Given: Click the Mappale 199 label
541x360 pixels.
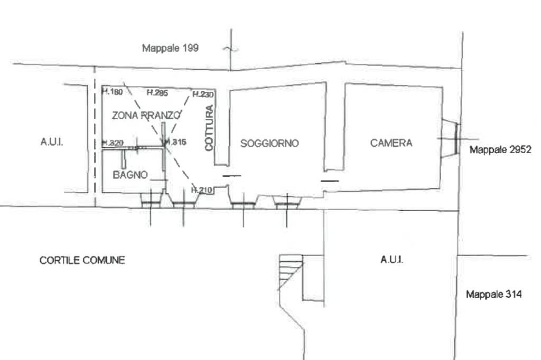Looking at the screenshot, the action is click(170, 48).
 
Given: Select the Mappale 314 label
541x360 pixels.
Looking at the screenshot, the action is click(493, 295).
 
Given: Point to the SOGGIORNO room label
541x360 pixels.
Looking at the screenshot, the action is click(269, 143).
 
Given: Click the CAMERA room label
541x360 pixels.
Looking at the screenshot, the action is click(391, 143).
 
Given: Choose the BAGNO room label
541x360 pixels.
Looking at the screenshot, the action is click(130, 175).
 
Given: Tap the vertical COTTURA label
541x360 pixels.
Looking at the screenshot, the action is click(209, 128).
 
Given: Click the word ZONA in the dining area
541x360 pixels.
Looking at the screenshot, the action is click(125, 115).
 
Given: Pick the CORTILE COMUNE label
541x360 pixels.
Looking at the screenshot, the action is click(82, 260).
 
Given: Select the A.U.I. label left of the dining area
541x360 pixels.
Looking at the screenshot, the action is click(52, 143).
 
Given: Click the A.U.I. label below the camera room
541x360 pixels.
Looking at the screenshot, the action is click(391, 259).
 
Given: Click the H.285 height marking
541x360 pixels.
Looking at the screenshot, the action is click(157, 93).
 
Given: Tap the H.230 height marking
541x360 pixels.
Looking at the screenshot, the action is click(202, 94).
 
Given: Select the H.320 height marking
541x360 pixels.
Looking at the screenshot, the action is click(113, 143).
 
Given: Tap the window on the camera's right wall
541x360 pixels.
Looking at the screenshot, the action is click(450, 138).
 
